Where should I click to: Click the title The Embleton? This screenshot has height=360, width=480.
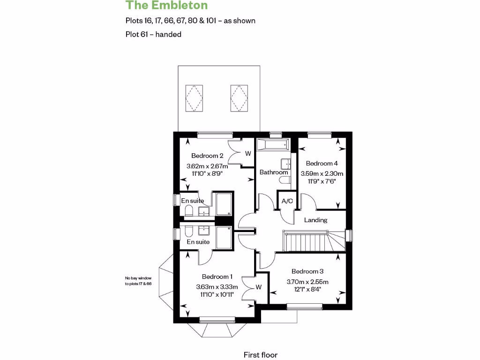point(166,6)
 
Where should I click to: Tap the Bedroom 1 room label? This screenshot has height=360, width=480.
point(217,277)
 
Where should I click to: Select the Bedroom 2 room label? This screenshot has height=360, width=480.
point(207,156)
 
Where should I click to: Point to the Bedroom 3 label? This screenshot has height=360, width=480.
point(307,271)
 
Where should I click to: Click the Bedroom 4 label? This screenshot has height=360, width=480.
point(322,164)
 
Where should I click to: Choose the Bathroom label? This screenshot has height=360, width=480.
point(274,172)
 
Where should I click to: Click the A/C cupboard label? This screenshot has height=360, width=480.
point(287,201)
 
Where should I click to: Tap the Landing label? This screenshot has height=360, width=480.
point(315,220)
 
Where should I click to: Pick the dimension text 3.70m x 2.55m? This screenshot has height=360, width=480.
point(307,282)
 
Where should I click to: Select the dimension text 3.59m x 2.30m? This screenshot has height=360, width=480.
point(322,173)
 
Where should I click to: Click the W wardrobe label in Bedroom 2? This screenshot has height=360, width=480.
point(248,153)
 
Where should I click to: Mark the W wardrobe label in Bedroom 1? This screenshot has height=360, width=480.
point(258,287)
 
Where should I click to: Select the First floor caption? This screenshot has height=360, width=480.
point(264,355)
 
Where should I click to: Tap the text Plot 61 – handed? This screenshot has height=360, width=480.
point(153,34)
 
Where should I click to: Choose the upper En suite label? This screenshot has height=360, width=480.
point(193,201)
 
